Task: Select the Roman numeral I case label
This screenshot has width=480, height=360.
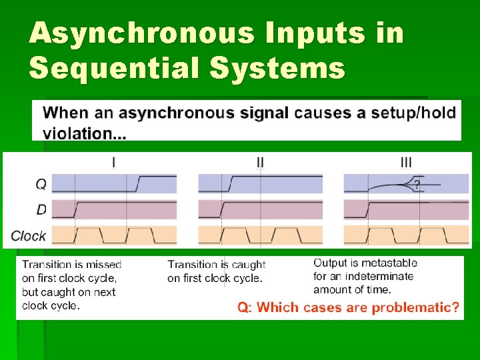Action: click(x=113, y=162)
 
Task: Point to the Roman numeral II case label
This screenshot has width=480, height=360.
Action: click(x=260, y=162)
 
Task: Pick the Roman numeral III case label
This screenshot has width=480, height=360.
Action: click(x=406, y=162)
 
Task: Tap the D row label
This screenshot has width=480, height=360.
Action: click(x=41, y=210)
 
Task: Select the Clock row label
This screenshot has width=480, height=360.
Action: click(x=29, y=235)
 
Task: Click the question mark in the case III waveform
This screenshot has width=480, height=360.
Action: click(x=417, y=185)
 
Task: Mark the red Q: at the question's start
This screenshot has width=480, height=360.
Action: click(x=245, y=307)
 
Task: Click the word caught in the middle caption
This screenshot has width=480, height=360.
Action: click(x=248, y=265)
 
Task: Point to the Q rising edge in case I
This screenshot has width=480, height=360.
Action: click(x=138, y=182)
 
